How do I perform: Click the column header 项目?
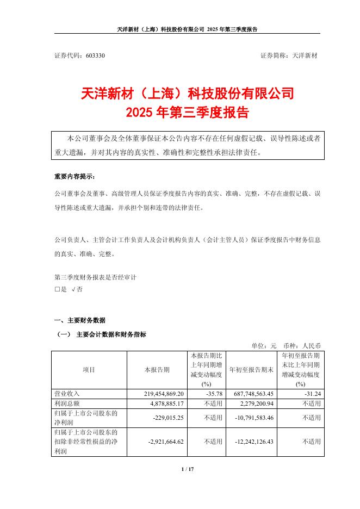pyautogui.click(x=89, y=370)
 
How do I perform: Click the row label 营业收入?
pyautogui.click(x=66, y=393)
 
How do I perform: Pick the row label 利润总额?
pyautogui.click(x=66, y=404)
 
